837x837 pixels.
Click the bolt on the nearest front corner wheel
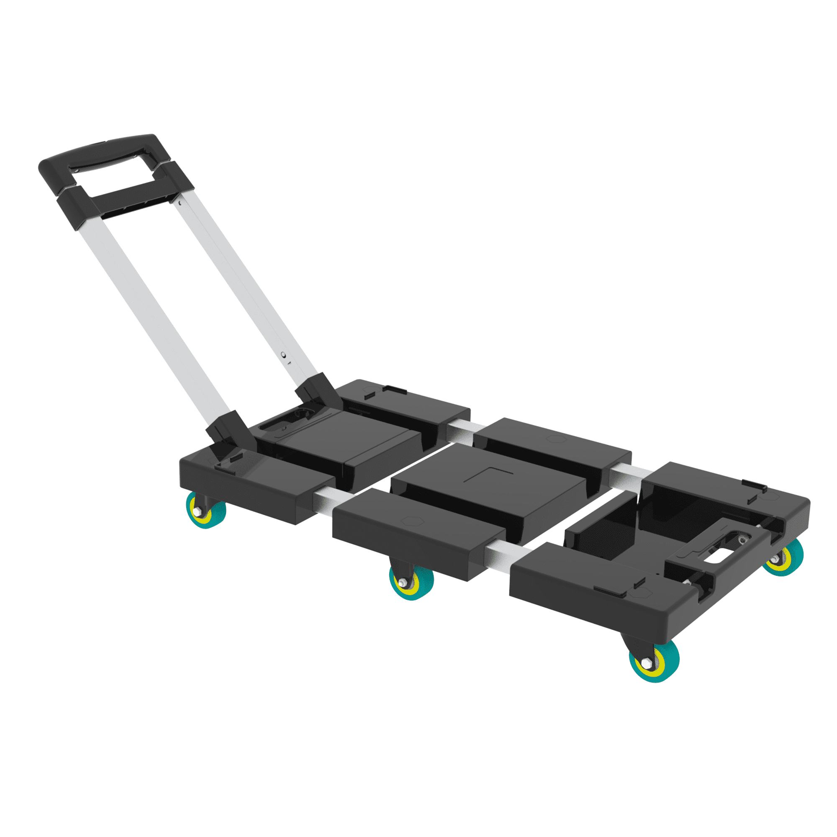[x=647, y=663]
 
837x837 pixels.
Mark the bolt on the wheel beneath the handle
[x=198, y=513]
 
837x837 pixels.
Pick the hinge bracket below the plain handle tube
[x=230, y=429]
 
